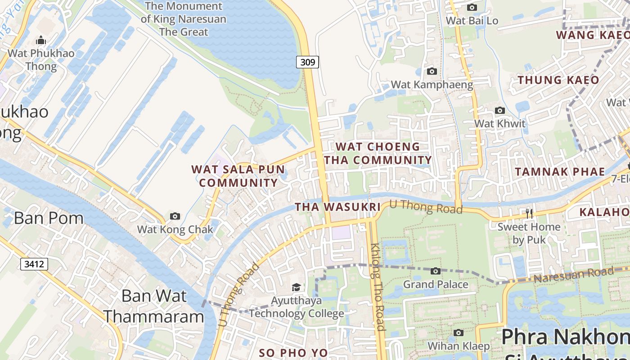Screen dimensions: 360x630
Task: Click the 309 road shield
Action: point(307,62)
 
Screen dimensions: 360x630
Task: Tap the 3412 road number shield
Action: point(34,264)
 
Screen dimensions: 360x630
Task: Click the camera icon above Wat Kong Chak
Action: point(175,216)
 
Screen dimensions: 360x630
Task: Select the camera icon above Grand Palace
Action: point(435,271)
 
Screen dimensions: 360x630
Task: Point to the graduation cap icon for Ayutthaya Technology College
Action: point(296,287)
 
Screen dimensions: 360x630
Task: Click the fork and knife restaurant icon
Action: point(529,213)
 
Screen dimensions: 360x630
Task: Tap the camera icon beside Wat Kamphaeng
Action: point(432,72)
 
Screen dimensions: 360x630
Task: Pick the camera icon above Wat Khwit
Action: point(499,111)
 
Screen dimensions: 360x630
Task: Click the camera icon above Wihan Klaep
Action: point(458,333)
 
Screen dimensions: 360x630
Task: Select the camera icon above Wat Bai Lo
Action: point(472,8)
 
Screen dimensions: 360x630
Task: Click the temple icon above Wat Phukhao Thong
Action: point(41,40)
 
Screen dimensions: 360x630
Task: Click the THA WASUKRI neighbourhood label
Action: point(337,207)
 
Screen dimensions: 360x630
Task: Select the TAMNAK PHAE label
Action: point(560,171)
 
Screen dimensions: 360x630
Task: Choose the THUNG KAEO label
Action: point(558,80)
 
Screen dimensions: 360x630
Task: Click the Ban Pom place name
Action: point(49,218)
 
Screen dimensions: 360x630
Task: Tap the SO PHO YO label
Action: point(293,353)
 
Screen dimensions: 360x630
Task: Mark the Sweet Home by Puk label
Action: point(529,233)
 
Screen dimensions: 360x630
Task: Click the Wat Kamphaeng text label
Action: point(432,85)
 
